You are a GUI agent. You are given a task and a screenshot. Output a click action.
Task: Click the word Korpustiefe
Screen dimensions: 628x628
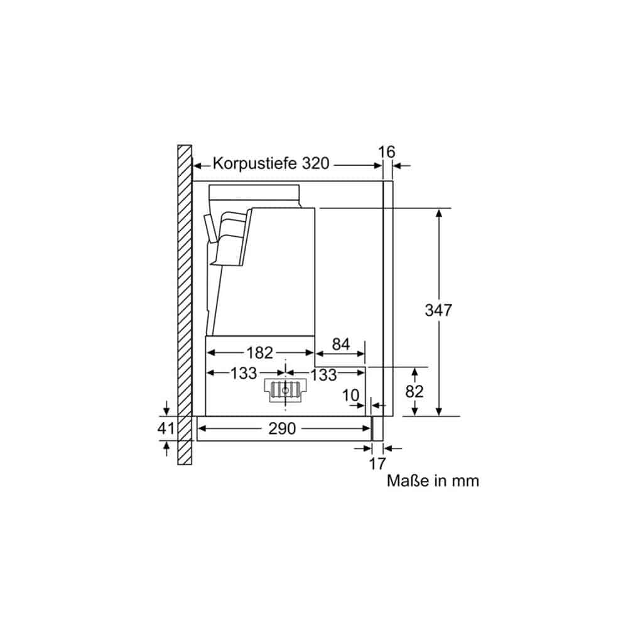pyautogui.click(x=256, y=164)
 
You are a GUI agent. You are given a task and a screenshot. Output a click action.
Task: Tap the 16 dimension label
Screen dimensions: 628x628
pyautogui.click(x=386, y=152)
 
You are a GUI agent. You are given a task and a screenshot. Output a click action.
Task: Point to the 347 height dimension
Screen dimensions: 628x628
pyautogui.click(x=438, y=310)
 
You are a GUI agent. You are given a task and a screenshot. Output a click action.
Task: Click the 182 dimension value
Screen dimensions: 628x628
pyautogui.click(x=259, y=353)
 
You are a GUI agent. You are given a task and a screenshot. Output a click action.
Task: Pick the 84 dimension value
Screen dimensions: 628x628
pyautogui.click(x=341, y=344)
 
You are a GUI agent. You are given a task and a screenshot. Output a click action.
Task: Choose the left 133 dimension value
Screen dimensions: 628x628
pyautogui.click(x=244, y=374)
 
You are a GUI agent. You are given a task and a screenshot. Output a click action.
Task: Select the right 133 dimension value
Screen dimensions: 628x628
pyautogui.click(x=323, y=376)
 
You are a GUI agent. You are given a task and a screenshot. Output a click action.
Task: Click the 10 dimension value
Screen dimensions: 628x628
pyautogui.click(x=350, y=396)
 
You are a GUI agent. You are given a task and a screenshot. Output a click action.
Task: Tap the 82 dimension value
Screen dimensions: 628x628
pyautogui.click(x=414, y=391)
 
